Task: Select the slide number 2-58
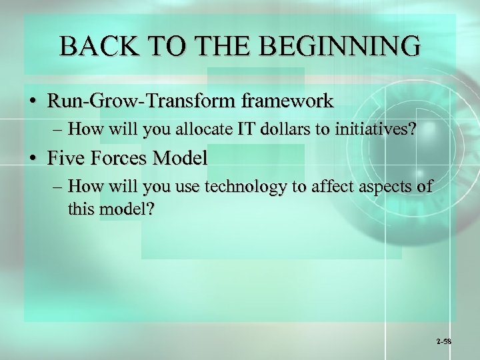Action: click(444, 341)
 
